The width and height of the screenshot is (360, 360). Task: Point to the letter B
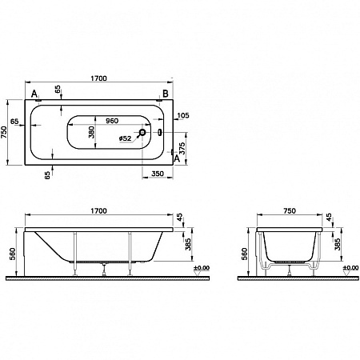click(165, 94)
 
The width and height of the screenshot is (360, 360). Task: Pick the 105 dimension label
click(183, 115)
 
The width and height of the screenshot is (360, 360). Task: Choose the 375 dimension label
click(183, 147)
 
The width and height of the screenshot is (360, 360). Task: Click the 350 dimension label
click(158, 174)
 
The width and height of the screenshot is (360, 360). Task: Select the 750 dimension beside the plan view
click(7, 132)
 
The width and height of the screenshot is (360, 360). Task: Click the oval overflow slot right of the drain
click(158, 132)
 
